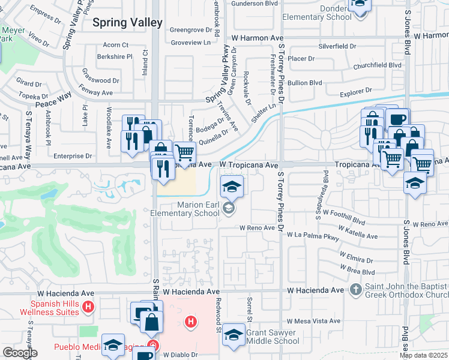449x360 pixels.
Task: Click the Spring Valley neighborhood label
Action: [x=127, y=23]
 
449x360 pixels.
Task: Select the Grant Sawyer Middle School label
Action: [x=273, y=337]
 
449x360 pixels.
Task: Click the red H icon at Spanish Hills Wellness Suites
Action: [x=88, y=308]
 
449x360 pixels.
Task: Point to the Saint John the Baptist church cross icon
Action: [x=355, y=290]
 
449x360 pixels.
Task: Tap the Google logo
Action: [x=20, y=353]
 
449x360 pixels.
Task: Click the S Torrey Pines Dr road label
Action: [x=280, y=203]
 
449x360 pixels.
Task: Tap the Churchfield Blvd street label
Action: [x=377, y=65]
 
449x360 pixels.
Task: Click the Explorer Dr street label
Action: [x=356, y=92]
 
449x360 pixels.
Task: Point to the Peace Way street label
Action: [x=53, y=100]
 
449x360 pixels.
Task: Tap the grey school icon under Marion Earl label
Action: [x=228, y=209]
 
